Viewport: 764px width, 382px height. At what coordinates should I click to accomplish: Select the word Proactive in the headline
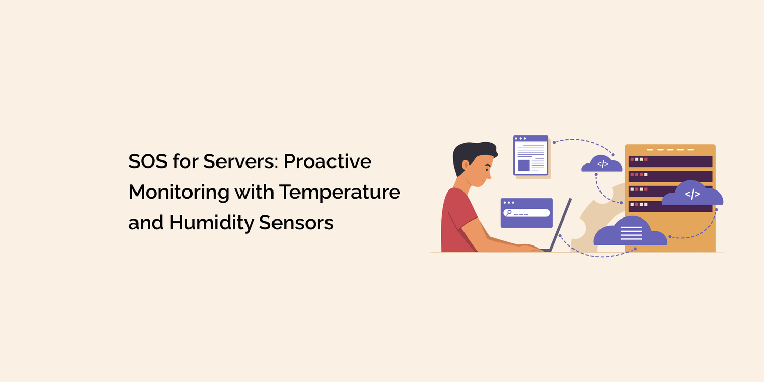(x=328, y=161)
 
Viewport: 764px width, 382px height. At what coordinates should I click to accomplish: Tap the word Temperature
(x=339, y=192)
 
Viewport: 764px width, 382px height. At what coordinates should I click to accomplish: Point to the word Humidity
(x=213, y=223)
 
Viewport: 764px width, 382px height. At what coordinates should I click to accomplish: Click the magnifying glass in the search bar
(x=508, y=213)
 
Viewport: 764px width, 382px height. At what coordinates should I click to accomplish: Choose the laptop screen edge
(x=561, y=224)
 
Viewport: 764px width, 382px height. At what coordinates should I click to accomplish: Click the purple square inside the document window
(x=524, y=165)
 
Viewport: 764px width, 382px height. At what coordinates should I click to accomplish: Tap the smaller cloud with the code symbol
(x=602, y=164)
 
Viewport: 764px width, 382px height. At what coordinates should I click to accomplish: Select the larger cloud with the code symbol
(x=692, y=194)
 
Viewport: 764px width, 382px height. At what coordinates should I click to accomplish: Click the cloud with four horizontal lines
(x=631, y=233)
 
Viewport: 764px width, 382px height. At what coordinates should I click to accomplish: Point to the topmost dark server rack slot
(x=670, y=161)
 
